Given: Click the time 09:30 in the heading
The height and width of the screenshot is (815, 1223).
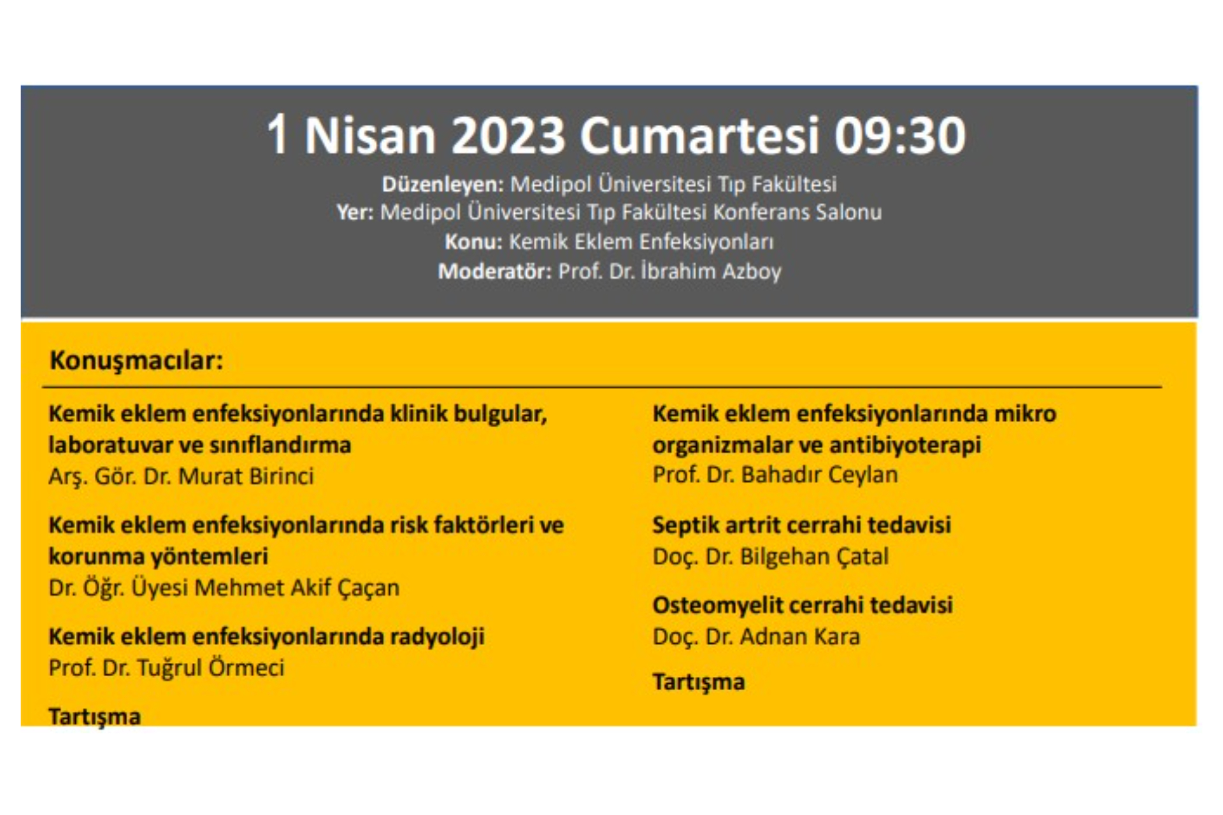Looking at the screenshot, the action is pyautogui.click(x=900, y=136).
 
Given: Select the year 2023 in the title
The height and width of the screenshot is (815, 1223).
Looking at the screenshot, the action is pyautogui.click(x=508, y=136).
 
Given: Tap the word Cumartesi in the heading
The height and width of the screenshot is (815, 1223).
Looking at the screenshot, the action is pyautogui.click(x=699, y=136).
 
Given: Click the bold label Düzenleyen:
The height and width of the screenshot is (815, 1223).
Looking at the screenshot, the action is pyautogui.click(x=443, y=185).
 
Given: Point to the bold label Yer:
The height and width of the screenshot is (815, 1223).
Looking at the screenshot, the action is pyautogui.click(x=355, y=212).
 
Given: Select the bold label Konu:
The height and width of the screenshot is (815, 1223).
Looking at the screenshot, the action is pyautogui.click(x=473, y=242).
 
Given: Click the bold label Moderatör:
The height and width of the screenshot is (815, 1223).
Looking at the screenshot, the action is pyautogui.click(x=495, y=272).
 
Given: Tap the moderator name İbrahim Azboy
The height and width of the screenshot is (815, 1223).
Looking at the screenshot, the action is pyautogui.click(x=711, y=272).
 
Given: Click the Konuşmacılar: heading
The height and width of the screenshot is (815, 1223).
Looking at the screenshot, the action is pyautogui.click(x=136, y=361).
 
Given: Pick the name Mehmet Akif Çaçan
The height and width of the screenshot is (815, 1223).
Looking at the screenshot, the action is pyautogui.click(x=297, y=588).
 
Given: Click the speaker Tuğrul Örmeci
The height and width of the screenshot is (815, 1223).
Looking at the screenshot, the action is pyautogui.click(x=211, y=668).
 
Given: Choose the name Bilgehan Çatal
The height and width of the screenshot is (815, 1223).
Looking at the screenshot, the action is pyautogui.click(x=814, y=557).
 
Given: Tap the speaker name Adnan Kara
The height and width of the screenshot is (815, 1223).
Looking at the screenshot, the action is pyautogui.click(x=800, y=637).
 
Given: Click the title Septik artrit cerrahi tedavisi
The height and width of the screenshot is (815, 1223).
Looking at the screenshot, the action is pyautogui.click(x=801, y=525).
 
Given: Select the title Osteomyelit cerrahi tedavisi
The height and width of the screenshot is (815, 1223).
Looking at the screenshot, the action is pyautogui.click(x=803, y=605).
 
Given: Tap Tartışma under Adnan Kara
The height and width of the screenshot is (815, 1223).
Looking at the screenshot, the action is pyautogui.click(x=699, y=683).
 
